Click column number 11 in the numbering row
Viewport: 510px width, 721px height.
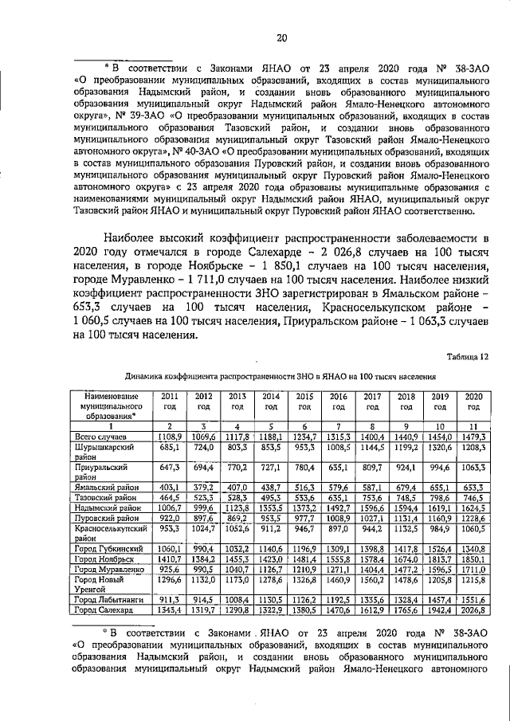pyautogui.click(x=473, y=426)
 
